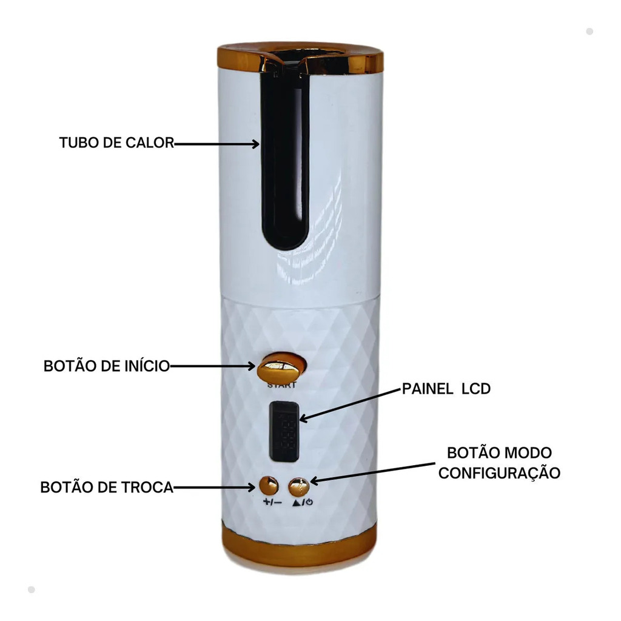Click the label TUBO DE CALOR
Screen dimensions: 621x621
point(116,143)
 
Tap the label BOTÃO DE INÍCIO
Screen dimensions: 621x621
point(107,366)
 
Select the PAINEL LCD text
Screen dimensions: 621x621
point(446,389)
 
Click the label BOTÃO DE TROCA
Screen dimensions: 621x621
point(107,487)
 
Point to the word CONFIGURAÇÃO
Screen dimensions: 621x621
point(499,473)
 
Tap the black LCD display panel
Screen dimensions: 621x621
point(284,432)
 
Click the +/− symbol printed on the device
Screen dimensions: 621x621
point(272,502)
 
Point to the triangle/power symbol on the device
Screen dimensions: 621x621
point(303,502)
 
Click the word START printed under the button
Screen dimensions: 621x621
point(281,385)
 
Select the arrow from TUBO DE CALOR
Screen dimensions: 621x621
point(217,144)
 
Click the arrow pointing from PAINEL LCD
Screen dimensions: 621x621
point(350,405)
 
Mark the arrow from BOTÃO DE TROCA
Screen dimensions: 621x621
point(214,487)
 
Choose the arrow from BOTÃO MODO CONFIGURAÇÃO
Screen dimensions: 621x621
point(372,472)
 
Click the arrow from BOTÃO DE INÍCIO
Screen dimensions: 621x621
point(213,366)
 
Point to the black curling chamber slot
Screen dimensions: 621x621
point(284,158)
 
